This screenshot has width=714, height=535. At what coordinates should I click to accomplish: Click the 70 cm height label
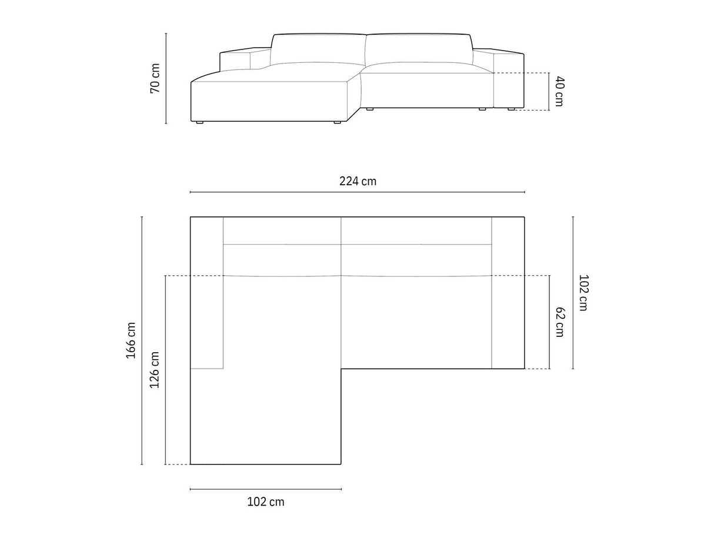click(x=155, y=78)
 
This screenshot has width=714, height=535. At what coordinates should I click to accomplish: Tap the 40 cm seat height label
click(x=559, y=91)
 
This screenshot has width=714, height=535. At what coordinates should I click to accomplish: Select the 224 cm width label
click(x=358, y=181)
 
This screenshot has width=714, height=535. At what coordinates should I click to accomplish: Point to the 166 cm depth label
click(x=131, y=340)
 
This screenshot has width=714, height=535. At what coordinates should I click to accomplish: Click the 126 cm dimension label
click(x=154, y=370)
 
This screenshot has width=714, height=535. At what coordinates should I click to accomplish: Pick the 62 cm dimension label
click(x=559, y=322)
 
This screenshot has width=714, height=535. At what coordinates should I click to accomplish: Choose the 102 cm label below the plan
click(x=266, y=502)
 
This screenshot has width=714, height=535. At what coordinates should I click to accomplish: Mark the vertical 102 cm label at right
click(x=583, y=293)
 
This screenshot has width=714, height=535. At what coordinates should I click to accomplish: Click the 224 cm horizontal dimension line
click(x=358, y=192)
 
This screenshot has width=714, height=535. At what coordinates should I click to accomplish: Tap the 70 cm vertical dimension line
click(x=166, y=78)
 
